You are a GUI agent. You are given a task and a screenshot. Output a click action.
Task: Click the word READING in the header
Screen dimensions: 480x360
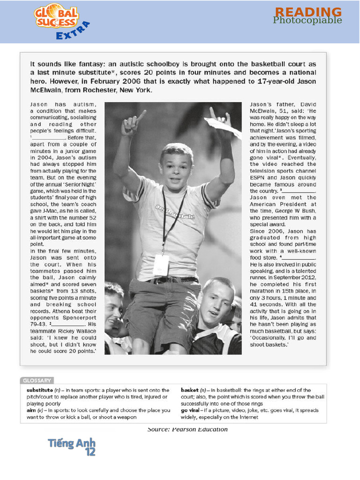point(308,12)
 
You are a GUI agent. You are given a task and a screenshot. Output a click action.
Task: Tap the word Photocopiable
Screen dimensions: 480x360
point(307,20)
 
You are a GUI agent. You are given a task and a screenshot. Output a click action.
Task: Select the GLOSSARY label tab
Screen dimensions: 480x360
point(37,380)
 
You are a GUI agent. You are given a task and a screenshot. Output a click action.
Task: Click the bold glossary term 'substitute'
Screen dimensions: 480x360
point(40,390)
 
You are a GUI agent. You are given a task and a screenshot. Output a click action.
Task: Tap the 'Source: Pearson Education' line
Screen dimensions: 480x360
point(187,429)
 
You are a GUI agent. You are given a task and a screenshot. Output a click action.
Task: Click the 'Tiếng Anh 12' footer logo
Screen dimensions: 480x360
point(72,446)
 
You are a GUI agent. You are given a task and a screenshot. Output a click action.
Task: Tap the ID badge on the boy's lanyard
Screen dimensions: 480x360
point(160,265)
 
